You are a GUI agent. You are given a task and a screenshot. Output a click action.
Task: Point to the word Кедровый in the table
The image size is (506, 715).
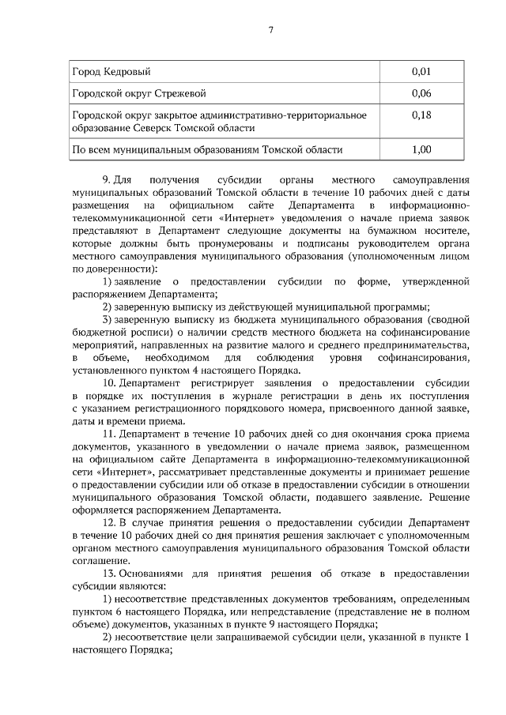point(125,72)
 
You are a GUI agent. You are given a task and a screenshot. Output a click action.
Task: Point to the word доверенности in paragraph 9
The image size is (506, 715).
point(118,269)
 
